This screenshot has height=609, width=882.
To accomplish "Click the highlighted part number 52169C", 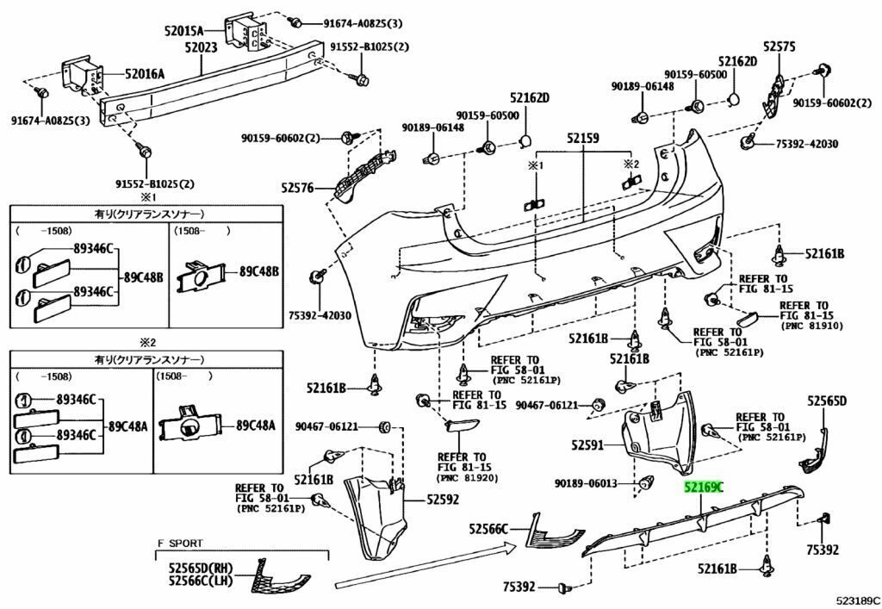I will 704,488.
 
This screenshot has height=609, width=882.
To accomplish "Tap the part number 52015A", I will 184,30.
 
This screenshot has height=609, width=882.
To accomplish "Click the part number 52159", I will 582,137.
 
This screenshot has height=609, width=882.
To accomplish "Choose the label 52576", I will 297,185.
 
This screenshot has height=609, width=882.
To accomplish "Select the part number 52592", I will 442,500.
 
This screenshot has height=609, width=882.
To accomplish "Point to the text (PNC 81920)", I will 464,477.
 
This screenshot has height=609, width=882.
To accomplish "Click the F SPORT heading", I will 180,544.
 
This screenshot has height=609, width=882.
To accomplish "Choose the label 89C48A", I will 257,425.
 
